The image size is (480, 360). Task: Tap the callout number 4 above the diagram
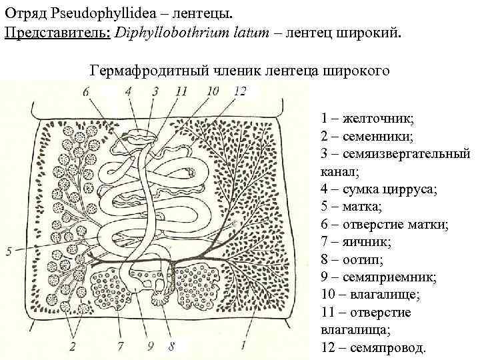tap(127, 91)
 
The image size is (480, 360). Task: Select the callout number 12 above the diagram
tap(241, 91)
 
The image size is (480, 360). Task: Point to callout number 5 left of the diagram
tap(9, 251)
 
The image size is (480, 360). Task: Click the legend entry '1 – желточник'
tap(367, 119)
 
